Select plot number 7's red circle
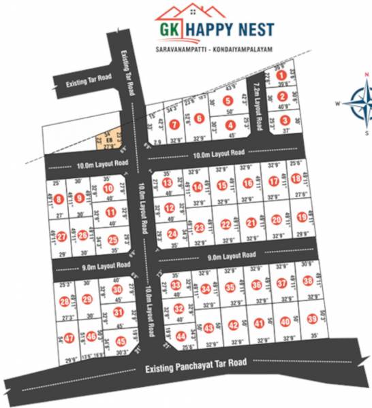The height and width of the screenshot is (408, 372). click(x=175, y=123)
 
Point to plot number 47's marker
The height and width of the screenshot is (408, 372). click(x=68, y=340)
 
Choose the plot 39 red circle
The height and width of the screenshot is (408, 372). click(x=312, y=319)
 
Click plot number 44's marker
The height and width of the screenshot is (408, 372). click(x=181, y=336)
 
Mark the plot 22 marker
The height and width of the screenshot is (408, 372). click(x=226, y=224)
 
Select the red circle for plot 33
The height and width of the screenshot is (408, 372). click(x=176, y=285)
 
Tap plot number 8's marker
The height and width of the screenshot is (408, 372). click(x=60, y=199)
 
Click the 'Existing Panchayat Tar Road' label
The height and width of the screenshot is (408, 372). click(x=196, y=368)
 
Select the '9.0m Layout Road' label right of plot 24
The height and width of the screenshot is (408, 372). click(x=231, y=256)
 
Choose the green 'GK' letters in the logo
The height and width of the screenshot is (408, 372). click(x=170, y=29)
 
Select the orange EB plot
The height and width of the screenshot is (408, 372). click(x=109, y=141)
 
